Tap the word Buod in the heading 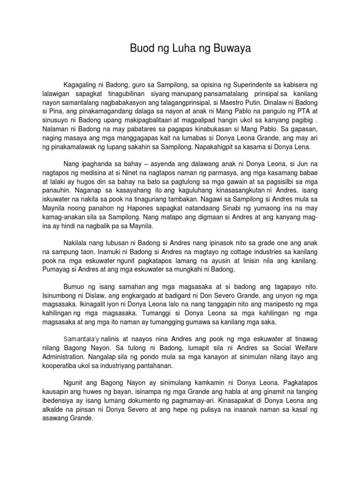pos(141,48)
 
